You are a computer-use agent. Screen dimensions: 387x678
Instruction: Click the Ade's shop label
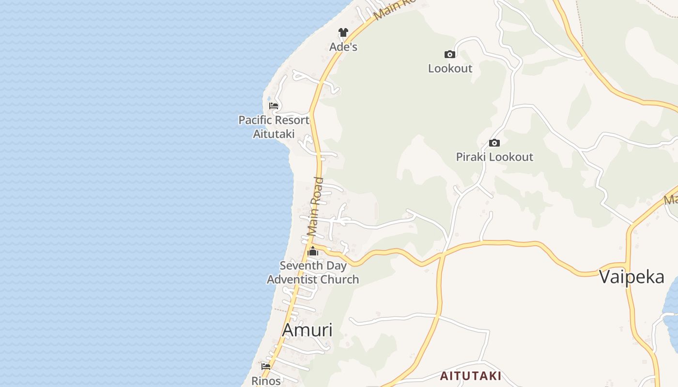[343, 47]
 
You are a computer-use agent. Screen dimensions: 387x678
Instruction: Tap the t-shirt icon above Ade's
[343, 32]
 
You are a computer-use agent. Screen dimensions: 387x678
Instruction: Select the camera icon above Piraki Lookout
[494, 143]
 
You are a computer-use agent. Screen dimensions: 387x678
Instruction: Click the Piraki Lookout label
[494, 157]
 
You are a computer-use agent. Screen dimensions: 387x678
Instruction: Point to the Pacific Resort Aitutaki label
[274, 127]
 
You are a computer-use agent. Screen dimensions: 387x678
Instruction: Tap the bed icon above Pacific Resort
[274, 105]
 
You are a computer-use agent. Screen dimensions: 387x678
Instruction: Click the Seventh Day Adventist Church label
[313, 272]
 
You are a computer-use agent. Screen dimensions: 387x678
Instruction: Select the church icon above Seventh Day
[313, 251]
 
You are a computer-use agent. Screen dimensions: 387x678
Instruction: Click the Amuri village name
[307, 330]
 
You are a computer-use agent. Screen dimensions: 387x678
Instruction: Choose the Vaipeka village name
[632, 277]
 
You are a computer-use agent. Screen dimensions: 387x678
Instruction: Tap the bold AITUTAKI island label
[470, 376]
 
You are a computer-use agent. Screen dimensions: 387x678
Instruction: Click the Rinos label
[266, 381]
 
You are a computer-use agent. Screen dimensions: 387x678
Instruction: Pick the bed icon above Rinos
[266, 366]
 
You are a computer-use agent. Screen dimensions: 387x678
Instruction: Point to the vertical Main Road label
[316, 207]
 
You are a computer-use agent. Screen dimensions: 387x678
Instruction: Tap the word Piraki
[471, 157]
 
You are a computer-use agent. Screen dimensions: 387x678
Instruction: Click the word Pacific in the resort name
[256, 120]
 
